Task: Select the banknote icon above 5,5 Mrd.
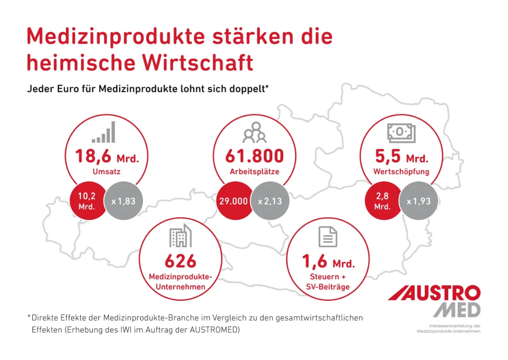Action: point(401,133)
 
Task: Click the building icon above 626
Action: point(181,236)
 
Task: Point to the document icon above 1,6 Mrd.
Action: point(328,236)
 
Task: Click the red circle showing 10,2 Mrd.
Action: point(87,202)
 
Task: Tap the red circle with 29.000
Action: point(233,202)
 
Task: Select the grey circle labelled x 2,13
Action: point(270,202)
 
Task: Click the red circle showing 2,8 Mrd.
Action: point(382,202)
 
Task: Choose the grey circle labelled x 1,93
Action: point(419,202)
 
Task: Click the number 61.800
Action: point(254,156)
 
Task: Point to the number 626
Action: point(181,261)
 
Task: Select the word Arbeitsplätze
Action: point(254,172)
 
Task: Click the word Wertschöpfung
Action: point(401,172)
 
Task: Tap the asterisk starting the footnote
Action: point(29,317)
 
